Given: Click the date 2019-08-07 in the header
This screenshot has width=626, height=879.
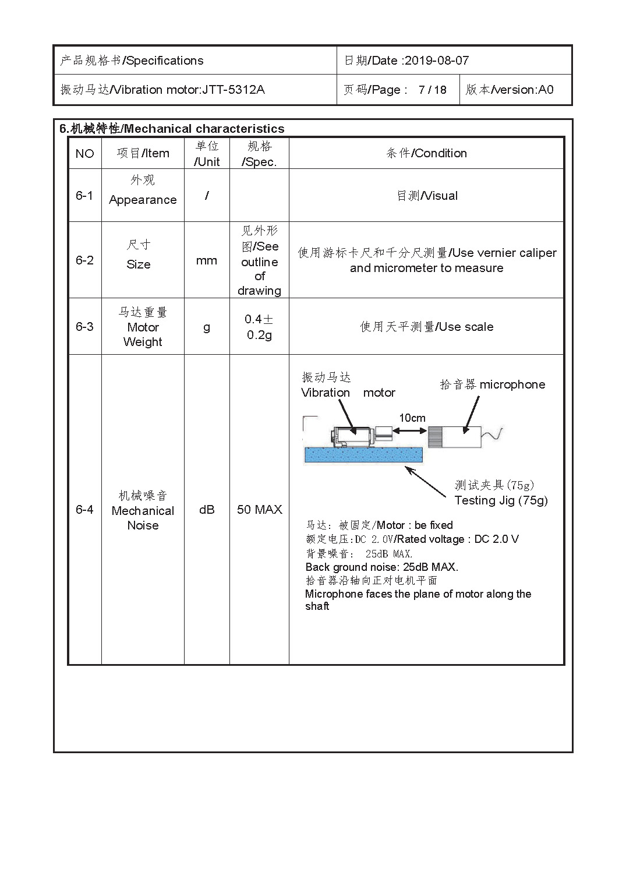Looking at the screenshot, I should (436, 61).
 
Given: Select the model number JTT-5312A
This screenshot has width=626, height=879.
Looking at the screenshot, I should (233, 90).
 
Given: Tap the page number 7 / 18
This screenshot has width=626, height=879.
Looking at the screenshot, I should (432, 90).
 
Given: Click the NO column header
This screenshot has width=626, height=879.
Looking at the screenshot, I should (84, 153).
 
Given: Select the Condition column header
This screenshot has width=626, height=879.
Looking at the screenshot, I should (427, 153).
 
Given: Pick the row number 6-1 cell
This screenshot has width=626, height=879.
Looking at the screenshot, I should (84, 196).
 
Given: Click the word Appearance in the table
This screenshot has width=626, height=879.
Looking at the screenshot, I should (143, 200).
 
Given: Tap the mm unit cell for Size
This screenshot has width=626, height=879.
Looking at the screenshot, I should (207, 260).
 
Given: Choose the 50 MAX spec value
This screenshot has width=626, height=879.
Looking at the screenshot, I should (259, 510).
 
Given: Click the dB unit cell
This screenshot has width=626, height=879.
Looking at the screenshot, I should (207, 510).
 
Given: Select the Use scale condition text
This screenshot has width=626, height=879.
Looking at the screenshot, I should (466, 327).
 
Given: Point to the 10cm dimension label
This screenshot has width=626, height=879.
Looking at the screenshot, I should (412, 418).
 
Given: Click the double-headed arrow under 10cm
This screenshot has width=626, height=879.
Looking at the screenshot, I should (411, 430).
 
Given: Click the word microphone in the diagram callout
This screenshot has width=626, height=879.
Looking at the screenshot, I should (512, 384).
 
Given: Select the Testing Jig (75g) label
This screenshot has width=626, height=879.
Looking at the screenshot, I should (501, 500).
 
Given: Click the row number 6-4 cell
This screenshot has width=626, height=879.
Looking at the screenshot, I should (84, 510).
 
